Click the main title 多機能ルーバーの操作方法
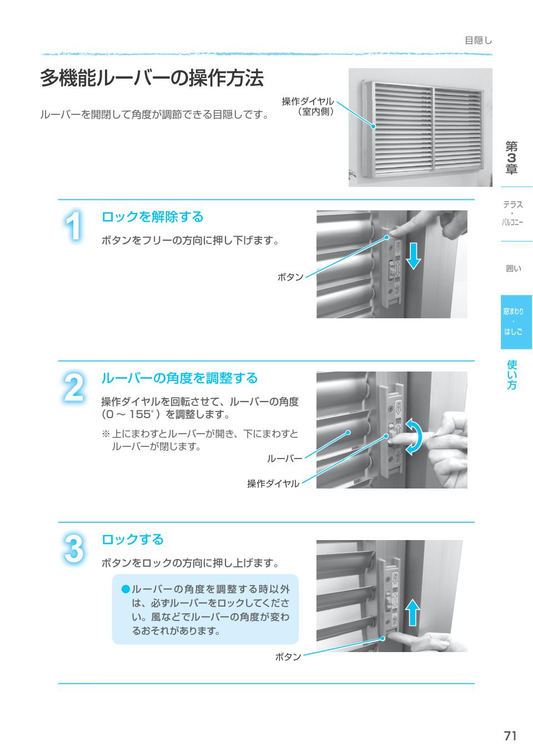(x=152, y=79)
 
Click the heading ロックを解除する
(x=152, y=217)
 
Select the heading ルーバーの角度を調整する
(x=179, y=378)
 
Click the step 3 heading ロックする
(x=132, y=540)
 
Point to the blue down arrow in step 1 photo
(x=414, y=256)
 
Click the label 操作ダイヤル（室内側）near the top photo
(x=308, y=106)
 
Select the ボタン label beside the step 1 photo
(x=290, y=277)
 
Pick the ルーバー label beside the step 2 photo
(x=284, y=459)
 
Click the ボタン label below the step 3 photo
(x=288, y=657)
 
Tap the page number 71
(x=510, y=736)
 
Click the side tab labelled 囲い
(x=514, y=268)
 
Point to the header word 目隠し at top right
(x=478, y=40)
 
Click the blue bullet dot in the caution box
(x=126, y=588)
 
